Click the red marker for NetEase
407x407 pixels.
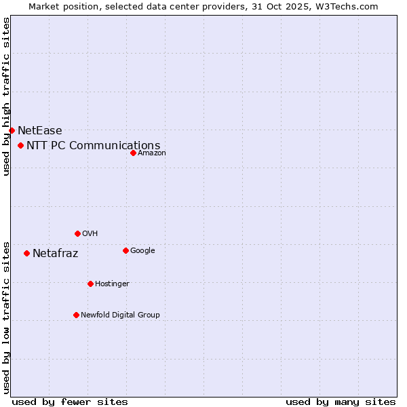click(x=12, y=130)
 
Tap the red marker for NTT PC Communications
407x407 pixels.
click(x=21, y=145)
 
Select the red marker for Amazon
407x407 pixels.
click(x=133, y=153)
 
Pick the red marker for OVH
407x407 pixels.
click(x=77, y=233)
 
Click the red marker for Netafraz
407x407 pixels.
click(x=26, y=254)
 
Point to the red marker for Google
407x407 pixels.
click(x=125, y=250)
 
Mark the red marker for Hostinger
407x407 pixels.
click(x=90, y=284)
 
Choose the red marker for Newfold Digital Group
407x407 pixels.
click(x=76, y=315)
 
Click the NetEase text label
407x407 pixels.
click(x=40, y=130)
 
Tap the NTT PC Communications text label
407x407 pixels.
click(x=94, y=145)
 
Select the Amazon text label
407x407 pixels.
click(x=152, y=153)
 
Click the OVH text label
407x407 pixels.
click(x=90, y=233)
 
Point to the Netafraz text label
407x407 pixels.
click(x=56, y=254)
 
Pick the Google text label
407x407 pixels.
click(x=142, y=250)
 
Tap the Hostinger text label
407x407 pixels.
click(x=112, y=284)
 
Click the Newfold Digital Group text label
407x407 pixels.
click(x=121, y=315)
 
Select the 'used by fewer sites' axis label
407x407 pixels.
click(x=70, y=402)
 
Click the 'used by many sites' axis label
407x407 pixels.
click(x=341, y=402)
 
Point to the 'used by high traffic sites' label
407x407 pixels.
click(x=6, y=96)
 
